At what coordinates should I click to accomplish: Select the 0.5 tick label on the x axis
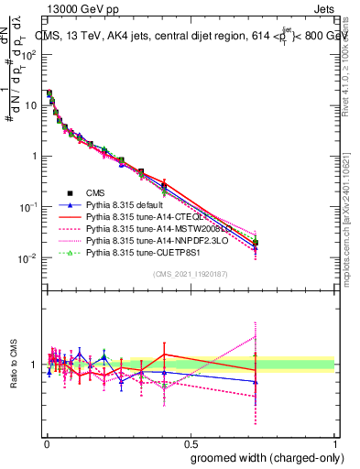(x=190, y=443)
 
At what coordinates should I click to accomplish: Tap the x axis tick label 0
(x=45, y=443)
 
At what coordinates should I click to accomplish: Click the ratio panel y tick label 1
(x=36, y=365)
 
